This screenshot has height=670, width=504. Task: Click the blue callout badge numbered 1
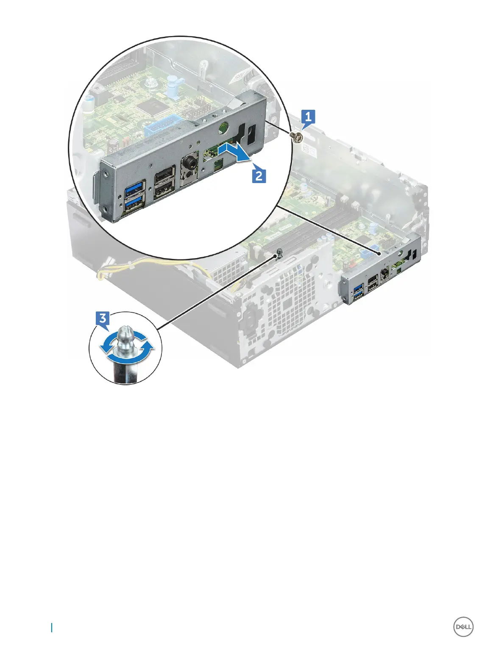click(x=308, y=116)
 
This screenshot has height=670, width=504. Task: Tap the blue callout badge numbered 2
click(x=259, y=175)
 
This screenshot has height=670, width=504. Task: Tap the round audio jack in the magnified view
click(x=189, y=164)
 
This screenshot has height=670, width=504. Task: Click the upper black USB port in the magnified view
click(x=164, y=175)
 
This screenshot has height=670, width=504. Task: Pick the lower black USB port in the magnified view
click(x=164, y=191)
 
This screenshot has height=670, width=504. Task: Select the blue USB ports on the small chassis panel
click(x=358, y=294)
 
